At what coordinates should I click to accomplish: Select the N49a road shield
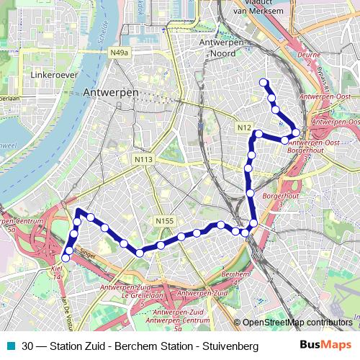(120, 53)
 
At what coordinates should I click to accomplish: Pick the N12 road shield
(243, 127)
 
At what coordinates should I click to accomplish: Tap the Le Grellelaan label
(141, 294)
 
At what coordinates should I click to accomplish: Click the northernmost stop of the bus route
(264, 82)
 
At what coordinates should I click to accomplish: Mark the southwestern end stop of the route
(65, 258)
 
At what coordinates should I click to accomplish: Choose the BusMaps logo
(326, 346)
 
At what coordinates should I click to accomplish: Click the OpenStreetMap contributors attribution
(297, 323)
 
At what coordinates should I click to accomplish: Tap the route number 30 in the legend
(27, 346)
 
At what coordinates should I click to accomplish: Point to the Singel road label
(88, 253)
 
